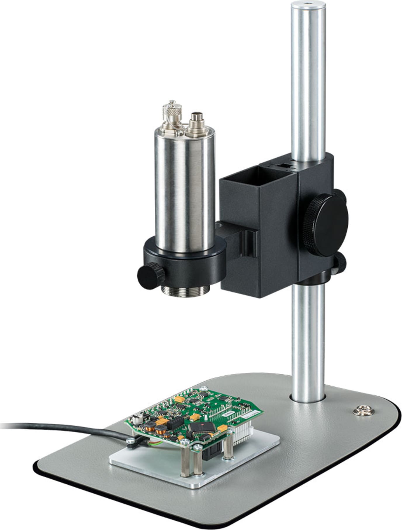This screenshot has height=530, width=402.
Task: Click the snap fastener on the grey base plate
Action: point(360,411)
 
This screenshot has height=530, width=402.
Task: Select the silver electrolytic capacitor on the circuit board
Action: point(136,420)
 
